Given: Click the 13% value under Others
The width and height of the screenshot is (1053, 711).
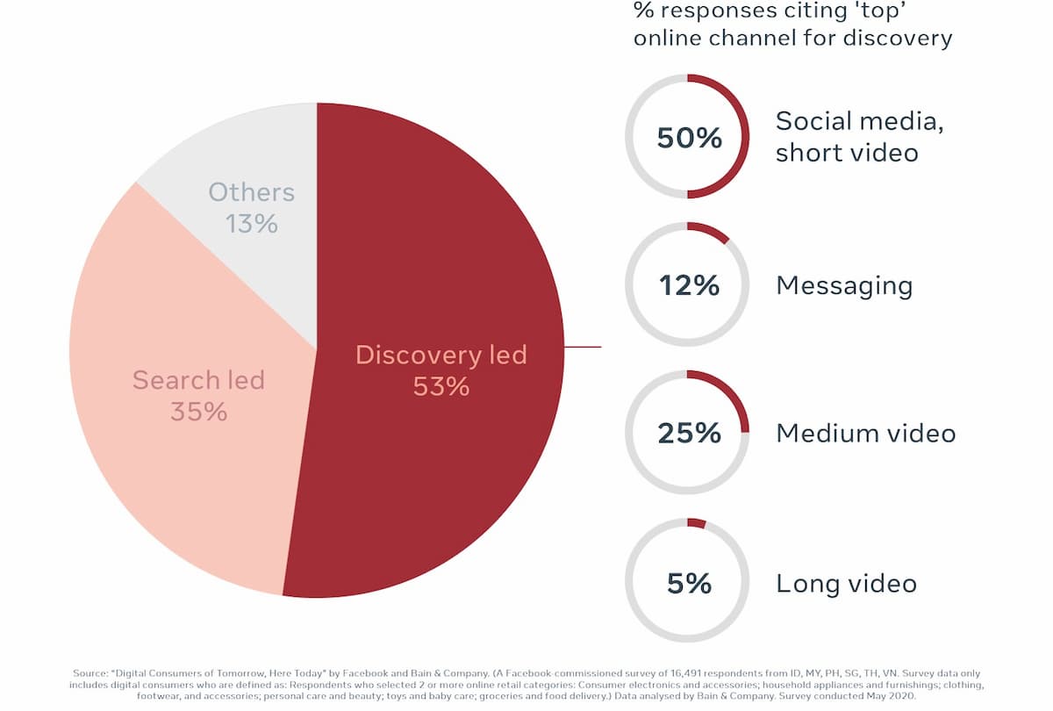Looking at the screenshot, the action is tap(252, 223).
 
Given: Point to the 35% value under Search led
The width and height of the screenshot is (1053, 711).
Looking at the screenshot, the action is tap(199, 412).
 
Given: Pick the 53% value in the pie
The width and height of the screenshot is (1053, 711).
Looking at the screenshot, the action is tap(441, 386).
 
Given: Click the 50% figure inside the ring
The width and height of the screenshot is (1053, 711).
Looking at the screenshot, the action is tap(689, 138).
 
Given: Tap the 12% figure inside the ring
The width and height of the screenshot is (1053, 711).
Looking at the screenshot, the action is tap(689, 285).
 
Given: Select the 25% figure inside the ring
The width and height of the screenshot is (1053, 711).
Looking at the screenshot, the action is tap(689, 433).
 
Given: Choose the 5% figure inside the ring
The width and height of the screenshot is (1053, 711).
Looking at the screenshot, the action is tap(689, 584).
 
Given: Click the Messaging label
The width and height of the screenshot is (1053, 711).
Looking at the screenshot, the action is tap(844, 286).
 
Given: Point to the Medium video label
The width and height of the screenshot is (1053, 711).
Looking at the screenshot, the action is tap(866, 433).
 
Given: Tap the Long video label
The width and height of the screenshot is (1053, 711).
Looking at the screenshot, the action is tap(846, 585).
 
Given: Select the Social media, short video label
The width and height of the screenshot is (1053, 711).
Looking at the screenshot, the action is tap(859, 137).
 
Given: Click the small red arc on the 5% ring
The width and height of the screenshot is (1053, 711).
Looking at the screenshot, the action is tap(696, 523).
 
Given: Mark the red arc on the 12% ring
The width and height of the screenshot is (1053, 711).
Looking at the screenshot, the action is tap(709, 230).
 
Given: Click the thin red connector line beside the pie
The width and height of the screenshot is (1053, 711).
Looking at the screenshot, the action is tap(583, 347).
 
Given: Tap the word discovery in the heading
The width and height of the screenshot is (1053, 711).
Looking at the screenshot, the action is tap(898, 39).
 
